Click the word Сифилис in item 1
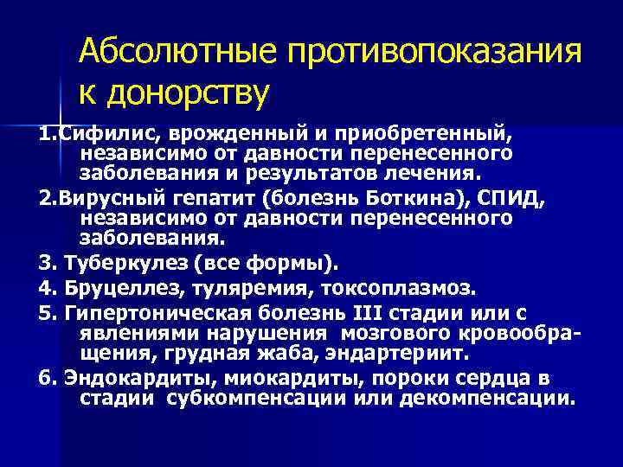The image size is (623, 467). [x=98, y=134]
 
